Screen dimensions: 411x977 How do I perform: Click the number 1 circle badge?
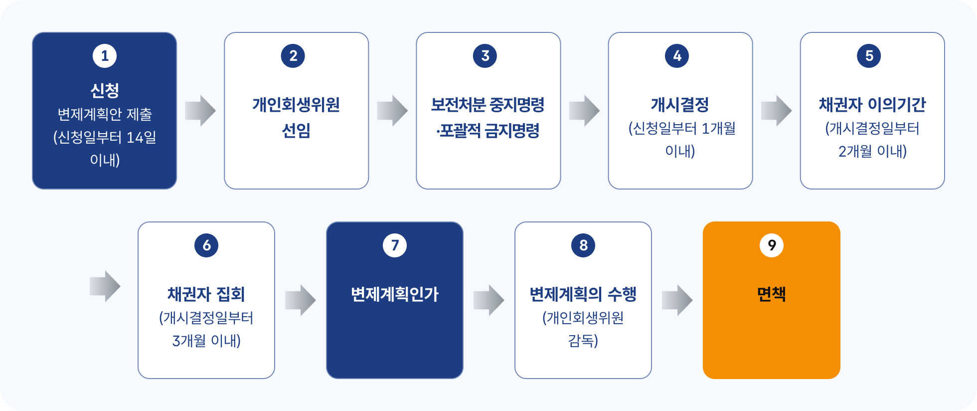tap(105, 56)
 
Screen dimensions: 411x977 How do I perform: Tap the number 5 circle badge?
tap(869, 56)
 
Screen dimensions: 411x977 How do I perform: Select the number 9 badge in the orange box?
tap(772, 245)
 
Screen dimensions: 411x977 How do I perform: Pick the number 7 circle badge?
tap(395, 245)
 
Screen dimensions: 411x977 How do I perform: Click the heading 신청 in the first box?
tap(105, 90)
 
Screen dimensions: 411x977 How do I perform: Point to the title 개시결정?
tap(680, 105)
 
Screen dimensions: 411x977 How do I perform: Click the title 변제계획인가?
tap(395, 294)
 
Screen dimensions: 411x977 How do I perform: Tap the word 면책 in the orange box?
tap(772, 294)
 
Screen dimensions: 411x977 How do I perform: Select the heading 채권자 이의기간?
tap(872, 105)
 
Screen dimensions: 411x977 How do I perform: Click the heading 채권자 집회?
tap(206, 294)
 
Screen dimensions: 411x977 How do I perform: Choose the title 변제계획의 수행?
tap(583, 294)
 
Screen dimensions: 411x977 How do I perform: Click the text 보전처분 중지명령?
tap(488, 105)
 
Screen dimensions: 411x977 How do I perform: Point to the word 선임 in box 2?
tap(296, 131)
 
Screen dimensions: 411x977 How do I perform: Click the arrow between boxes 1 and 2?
tap(200, 111)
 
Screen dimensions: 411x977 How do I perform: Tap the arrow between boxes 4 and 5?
tap(776, 111)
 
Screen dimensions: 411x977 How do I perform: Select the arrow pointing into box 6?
tap(105, 286)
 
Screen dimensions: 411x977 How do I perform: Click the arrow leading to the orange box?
tap(677, 300)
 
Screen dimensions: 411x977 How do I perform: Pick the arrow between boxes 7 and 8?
tap(488, 300)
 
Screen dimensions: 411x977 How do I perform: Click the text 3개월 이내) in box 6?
tap(206, 341)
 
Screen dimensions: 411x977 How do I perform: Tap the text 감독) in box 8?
tap(583, 341)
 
